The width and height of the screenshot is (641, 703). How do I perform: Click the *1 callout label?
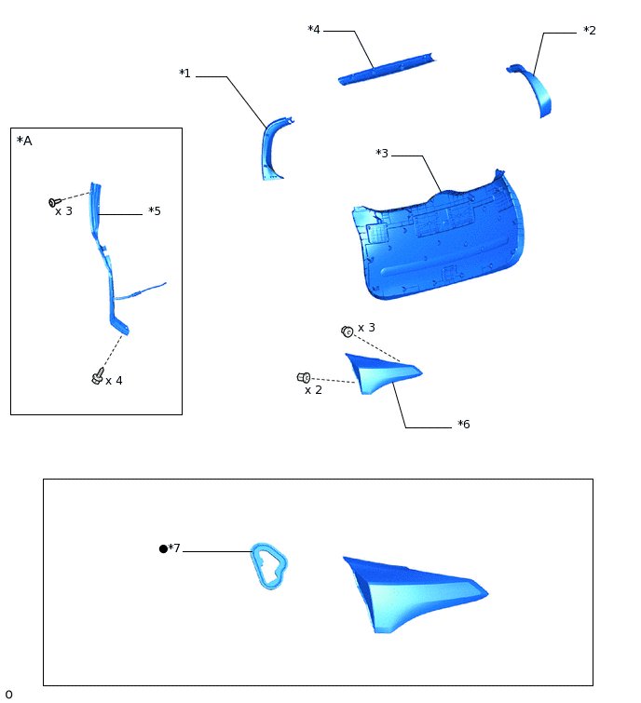(x=184, y=74)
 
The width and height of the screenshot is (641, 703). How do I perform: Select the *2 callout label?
(x=589, y=31)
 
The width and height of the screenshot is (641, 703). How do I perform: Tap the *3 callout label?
(x=382, y=154)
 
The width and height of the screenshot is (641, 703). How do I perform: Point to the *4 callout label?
(x=314, y=30)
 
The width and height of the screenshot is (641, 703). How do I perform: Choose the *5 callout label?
(x=155, y=211)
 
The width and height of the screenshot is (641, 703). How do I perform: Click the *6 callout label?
(x=463, y=425)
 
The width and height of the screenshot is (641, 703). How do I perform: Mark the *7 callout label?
(x=174, y=548)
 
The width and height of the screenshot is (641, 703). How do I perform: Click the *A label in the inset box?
(x=24, y=141)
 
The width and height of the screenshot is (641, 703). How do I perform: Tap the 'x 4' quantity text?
(x=114, y=381)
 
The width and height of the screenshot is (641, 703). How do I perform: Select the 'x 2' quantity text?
(x=313, y=390)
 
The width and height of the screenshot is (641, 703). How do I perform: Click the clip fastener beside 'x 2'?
(x=304, y=377)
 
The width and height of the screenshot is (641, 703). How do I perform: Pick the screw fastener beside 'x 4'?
(x=98, y=375)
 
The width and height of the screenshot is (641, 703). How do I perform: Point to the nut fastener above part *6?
(x=347, y=331)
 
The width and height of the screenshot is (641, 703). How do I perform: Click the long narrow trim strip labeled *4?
(x=386, y=69)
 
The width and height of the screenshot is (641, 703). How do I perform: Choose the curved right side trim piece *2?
(x=536, y=89)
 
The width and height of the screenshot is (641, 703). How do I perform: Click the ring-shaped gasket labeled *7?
(x=268, y=566)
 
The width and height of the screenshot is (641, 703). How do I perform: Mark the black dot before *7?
(x=163, y=549)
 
